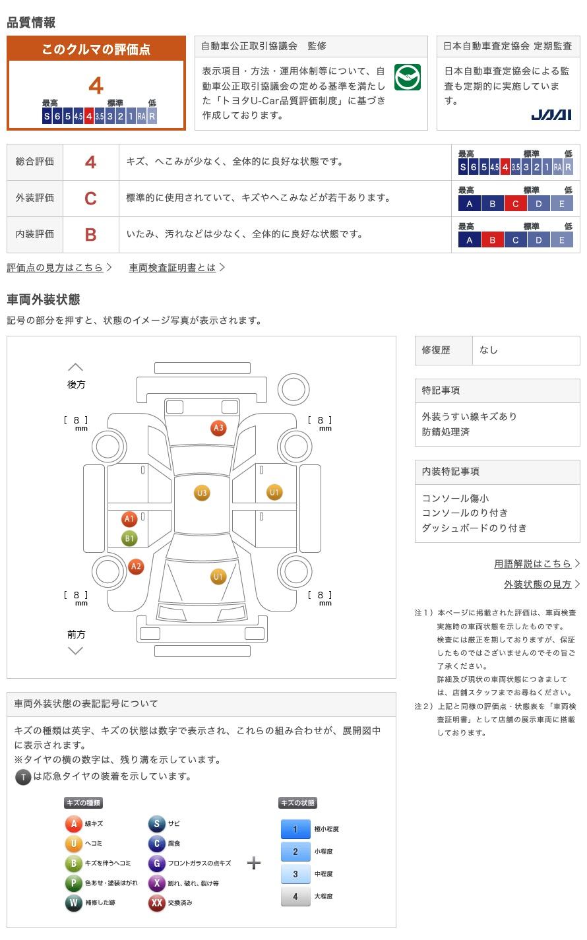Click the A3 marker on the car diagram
click(218, 427)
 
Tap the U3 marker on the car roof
click(202, 493)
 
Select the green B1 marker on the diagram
click(129, 538)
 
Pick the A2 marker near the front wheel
click(136, 567)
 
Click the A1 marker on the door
click(129, 518)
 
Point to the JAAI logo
click(551, 115)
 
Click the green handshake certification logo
click(407, 77)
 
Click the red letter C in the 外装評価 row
click(90, 198)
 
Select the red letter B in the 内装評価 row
click(90, 235)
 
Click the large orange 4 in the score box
click(96, 86)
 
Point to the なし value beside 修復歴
click(489, 350)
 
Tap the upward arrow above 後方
click(76, 367)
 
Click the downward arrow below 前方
click(76, 651)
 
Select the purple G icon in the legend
click(156, 863)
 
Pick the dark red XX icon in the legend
click(156, 902)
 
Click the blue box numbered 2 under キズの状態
click(295, 852)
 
